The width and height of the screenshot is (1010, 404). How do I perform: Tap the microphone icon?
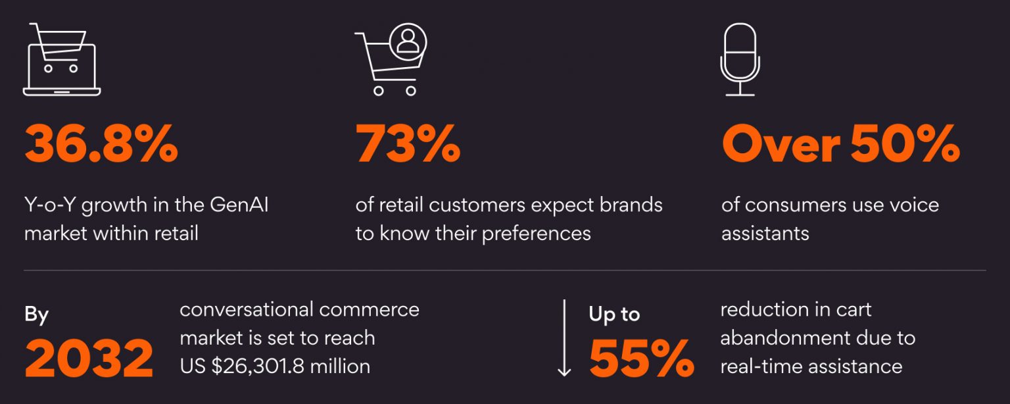[x=740, y=59]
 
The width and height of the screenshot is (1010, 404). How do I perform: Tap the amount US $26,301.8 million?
[x=275, y=366]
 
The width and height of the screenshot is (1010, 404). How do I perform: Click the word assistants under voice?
[x=765, y=234]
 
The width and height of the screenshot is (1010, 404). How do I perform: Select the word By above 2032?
[x=37, y=315]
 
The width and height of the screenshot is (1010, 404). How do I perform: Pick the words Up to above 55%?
[x=614, y=315]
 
